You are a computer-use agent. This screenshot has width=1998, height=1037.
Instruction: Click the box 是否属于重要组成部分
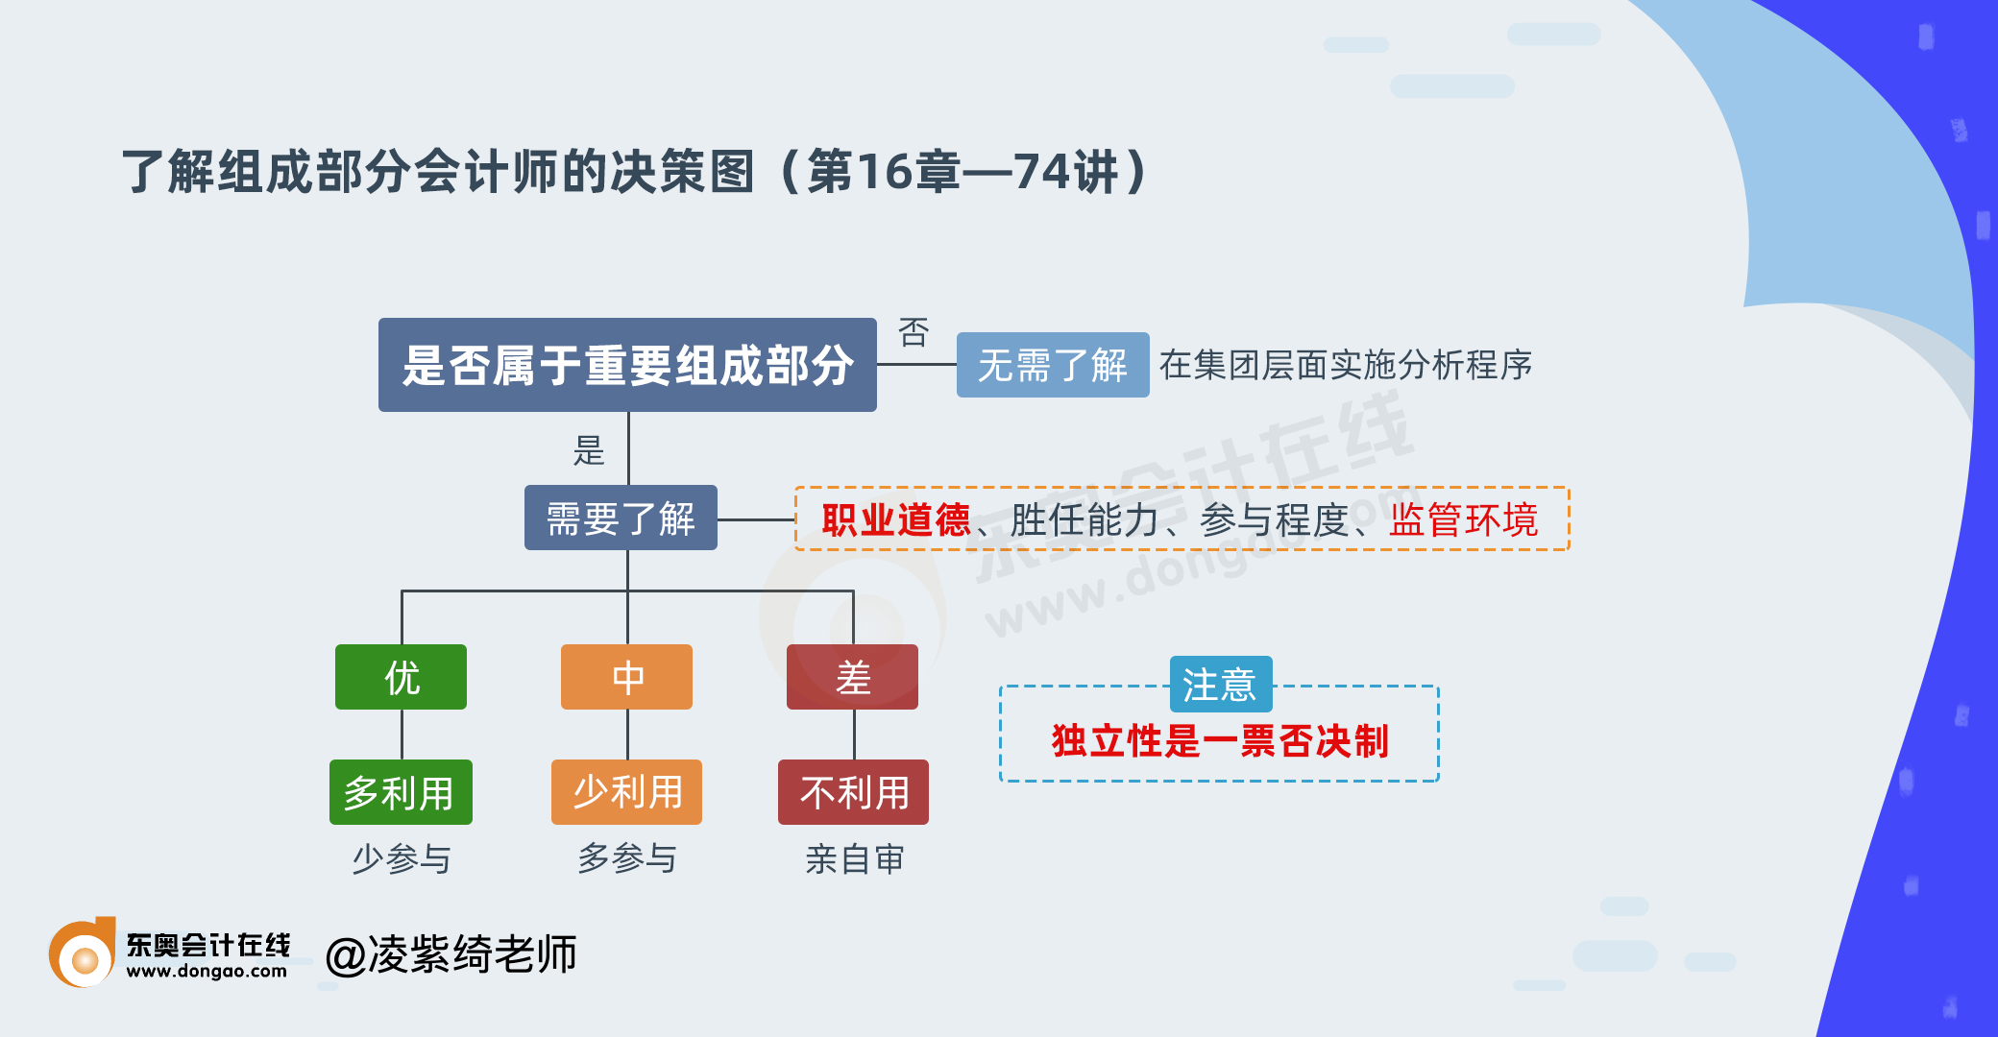pos(627,365)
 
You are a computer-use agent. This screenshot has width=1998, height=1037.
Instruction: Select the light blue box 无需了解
pos(1053,365)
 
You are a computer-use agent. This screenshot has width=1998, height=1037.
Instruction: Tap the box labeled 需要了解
pos(621,518)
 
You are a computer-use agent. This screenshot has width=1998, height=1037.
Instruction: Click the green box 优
pos(401,677)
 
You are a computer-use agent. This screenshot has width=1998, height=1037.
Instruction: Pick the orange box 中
pos(626,677)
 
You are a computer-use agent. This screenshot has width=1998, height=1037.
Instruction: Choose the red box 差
pos(852,677)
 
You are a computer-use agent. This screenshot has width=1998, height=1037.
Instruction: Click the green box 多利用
pos(401,792)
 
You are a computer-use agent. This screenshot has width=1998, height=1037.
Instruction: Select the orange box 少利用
pos(626,792)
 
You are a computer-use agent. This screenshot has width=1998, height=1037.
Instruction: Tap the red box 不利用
pos(853,792)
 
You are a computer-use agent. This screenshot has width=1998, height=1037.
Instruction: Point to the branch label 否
pos(914,332)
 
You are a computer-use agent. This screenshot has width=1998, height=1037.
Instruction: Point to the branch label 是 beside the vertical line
pos(589,450)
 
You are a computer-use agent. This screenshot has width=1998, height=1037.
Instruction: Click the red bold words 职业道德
pos(896,519)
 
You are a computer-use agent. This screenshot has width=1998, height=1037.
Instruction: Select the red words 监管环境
pos(1464,519)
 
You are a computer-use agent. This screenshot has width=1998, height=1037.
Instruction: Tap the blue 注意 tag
pos(1221,685)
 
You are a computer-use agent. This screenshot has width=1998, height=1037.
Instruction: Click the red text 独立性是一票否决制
pos(1220,741)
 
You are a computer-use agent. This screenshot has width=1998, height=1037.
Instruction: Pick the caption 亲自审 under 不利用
pos(854,859)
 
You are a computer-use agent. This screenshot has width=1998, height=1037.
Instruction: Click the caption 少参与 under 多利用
pos(402,858)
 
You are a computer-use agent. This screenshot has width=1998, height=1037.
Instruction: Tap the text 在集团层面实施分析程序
pos(1346,365)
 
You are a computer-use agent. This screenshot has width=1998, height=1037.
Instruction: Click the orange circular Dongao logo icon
pos(83,953)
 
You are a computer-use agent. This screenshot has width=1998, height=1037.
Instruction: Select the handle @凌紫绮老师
pos(451,954)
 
